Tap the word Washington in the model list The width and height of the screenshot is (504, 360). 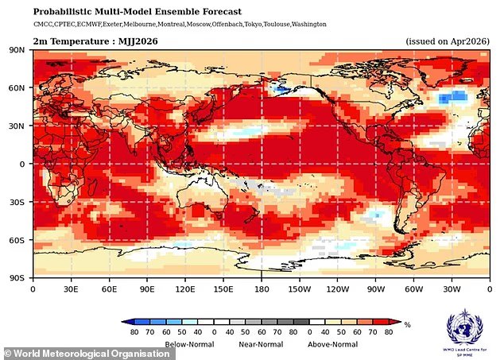coord(304,25)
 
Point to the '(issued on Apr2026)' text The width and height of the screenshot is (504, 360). coord(448,41)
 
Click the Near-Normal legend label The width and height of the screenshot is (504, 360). coord(262,344)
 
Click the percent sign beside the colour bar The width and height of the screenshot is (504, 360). coord(406,324)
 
